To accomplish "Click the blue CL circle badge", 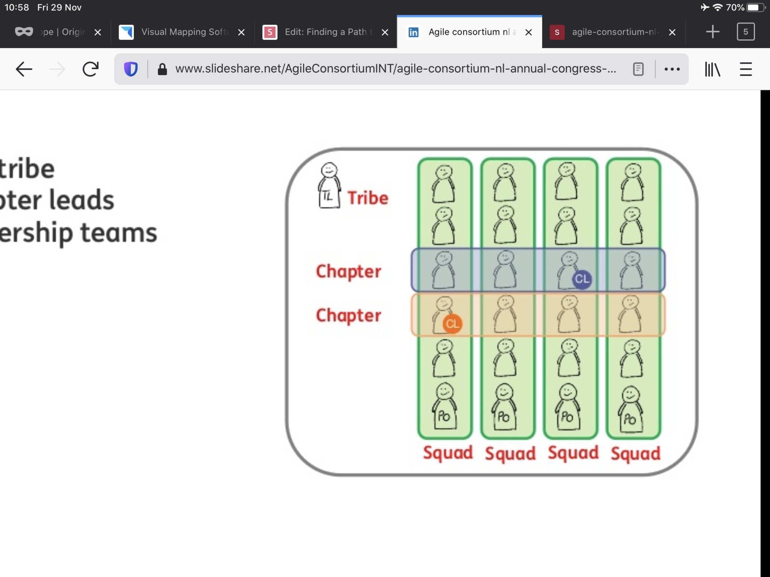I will pos(582,280).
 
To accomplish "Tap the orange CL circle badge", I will pos(452,324).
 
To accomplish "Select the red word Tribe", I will pos(367,198).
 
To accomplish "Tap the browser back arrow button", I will pos(24,69).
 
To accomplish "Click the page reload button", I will pos(90,69).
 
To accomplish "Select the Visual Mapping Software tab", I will pos(184,32).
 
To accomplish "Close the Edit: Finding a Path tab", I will pos(385,32).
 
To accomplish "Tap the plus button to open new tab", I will pos(713,32).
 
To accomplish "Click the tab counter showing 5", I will pos(746,32).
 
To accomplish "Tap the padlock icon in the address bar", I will pos(162,69).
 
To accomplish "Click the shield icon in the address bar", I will pos(131,69).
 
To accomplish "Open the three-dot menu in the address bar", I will pos(672,69).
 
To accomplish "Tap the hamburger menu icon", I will pos(746,69).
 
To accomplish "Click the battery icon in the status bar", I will pos(755,8).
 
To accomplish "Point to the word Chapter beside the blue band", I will pos(348,271).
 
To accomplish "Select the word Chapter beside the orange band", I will pos(348,315).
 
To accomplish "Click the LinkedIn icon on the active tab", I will pos(413,32).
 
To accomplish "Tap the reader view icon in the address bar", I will pos(638,69).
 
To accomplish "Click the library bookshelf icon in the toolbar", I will pos(712,69).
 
